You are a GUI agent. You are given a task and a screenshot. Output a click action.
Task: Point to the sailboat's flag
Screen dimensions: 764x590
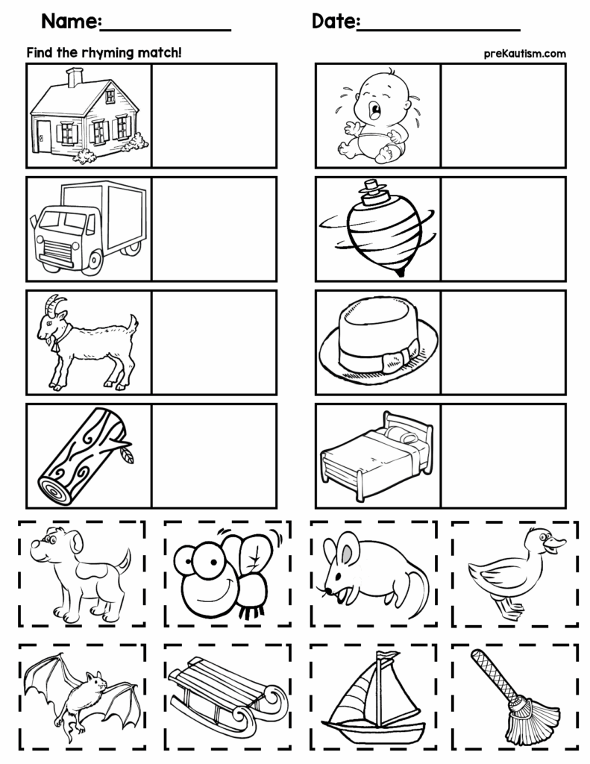point(387,656)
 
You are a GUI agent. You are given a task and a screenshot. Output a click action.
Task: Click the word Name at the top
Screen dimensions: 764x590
point(70,22)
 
